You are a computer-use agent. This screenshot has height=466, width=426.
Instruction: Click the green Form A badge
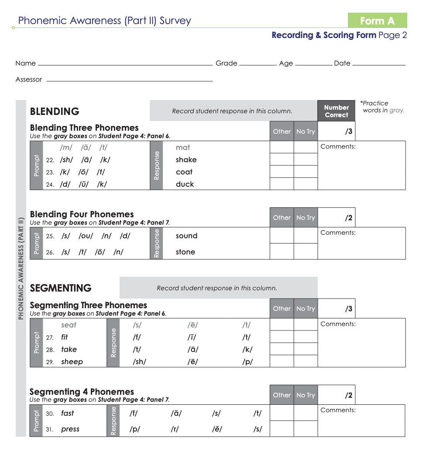point(377,21)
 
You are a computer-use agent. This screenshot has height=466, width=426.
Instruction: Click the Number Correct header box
point(336,111)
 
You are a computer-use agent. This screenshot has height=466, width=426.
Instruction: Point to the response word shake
point(186,160)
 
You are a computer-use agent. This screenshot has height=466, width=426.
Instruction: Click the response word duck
point(185,184)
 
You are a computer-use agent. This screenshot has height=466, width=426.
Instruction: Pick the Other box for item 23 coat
point(282,172)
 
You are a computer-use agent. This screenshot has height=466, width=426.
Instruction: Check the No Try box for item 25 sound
point(306,236)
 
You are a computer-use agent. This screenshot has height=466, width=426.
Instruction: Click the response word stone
point(186,252)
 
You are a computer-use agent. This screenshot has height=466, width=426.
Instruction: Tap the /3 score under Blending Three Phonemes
point(348,132)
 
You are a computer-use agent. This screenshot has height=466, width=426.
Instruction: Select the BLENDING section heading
point(55,111)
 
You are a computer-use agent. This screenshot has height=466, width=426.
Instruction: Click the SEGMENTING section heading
point(61,288)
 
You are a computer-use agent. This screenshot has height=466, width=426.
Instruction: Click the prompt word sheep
point(72,362)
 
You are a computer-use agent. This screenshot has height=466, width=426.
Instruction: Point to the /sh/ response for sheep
point(139,362)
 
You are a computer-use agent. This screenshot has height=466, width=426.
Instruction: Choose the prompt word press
point(70,429)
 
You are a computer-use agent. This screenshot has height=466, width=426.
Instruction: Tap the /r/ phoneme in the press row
point(175,429)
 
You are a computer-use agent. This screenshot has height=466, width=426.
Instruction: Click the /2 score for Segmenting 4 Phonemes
point(348,396)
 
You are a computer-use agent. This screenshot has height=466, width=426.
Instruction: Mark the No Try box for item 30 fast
point(306,413)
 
